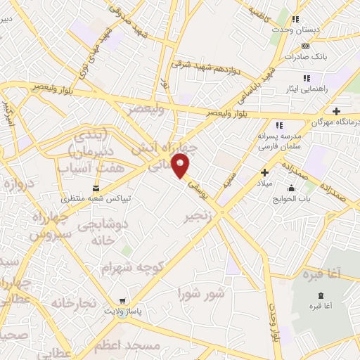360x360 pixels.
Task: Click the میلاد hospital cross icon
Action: pyautogui.click(x=264, y=172)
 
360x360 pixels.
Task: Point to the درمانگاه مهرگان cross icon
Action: pyautogui.click(x=337, y=111)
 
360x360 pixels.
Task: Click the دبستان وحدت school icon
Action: pyautogui.click(x=296, y=19)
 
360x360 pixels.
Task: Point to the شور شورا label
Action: pyautogui.click(x=201, y=292)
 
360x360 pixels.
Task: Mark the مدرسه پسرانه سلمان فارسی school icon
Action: pyautogui.click(x=279, y=125)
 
